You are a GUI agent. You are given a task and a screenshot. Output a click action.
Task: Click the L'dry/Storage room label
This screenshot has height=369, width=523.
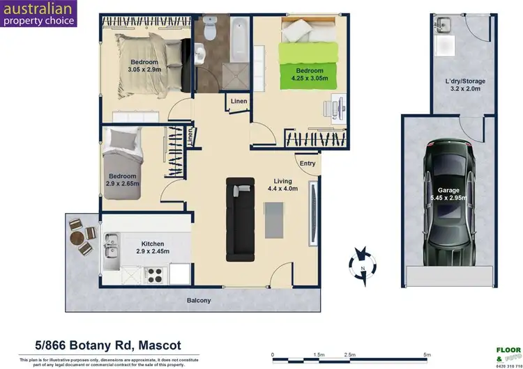click(x=465, y=86)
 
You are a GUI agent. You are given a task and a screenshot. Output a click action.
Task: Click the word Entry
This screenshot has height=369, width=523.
click(x=308, y=164)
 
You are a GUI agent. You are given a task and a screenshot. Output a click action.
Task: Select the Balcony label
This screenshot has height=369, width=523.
click(x=199, y=301)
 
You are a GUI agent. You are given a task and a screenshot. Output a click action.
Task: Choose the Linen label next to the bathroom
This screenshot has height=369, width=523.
click(x=239, y=102)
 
